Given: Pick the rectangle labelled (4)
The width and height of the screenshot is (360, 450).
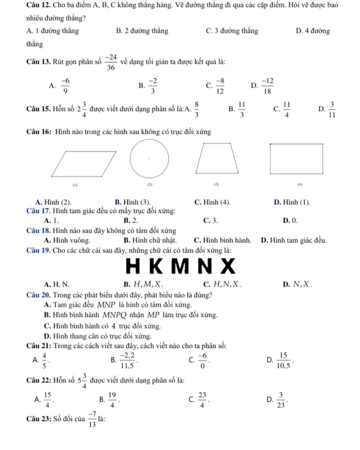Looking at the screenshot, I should click(x=296, y=159).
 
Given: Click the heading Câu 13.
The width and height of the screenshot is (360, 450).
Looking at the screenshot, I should click(x=39, y=62).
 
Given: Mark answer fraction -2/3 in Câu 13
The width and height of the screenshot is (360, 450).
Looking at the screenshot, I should click(x=152, y=85).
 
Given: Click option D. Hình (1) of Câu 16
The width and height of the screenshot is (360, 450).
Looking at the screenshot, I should click(x=292, y=202).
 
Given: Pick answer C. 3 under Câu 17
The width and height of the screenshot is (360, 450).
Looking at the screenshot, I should click(x=210, y=221).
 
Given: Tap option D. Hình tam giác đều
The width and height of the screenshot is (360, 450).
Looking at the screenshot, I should click(x=294, y=240).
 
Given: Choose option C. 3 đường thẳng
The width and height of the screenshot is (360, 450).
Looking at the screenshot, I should click(x=232, y=31).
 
